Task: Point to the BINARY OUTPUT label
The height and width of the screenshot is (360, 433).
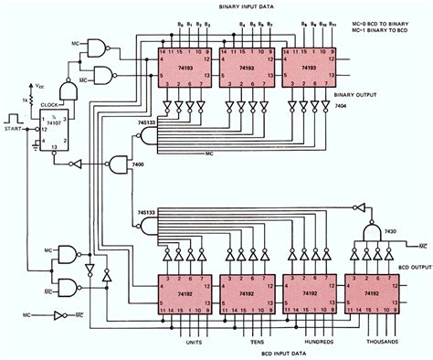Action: click(x=389, y=92)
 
